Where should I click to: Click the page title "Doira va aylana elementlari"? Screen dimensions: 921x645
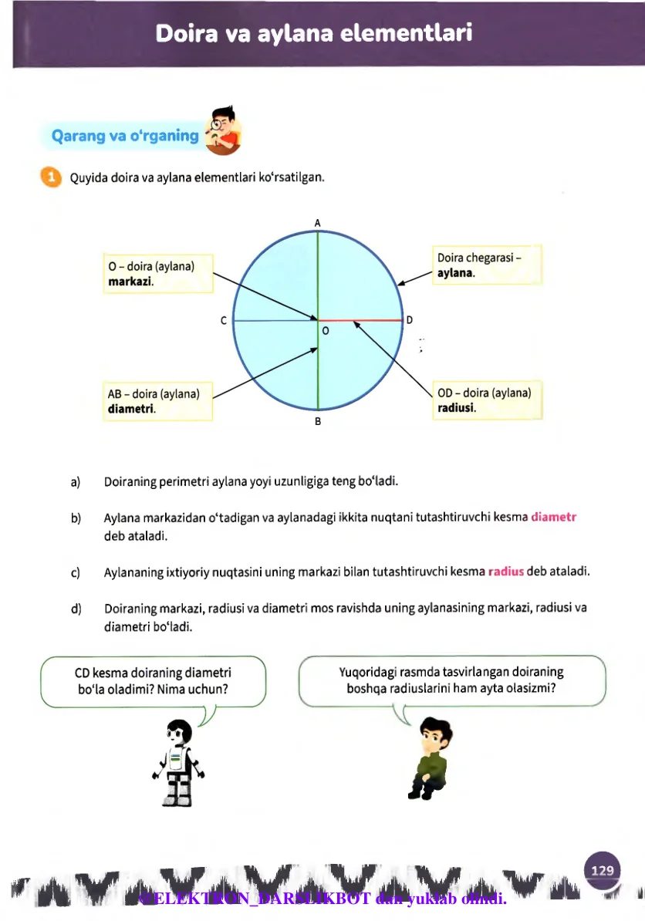(313, 34)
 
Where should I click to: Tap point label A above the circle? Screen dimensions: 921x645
(317, 222)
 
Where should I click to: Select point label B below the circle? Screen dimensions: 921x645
(317, 422)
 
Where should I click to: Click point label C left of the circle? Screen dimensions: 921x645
(224, 320)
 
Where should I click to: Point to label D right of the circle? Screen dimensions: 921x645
(410, 319)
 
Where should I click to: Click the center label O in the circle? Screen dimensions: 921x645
(325, 330)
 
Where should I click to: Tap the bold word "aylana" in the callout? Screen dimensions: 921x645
(455, 273)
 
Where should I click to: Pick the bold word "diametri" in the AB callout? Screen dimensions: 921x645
(131, 408)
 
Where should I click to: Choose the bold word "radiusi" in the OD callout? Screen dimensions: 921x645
(456, 407)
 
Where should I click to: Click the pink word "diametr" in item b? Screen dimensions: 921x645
(554, 517)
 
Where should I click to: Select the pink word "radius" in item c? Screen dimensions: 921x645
(506, 572)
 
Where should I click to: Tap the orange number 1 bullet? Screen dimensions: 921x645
(51, 177)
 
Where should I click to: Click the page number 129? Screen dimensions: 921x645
(603, 870)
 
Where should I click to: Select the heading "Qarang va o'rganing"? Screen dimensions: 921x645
(124, 136)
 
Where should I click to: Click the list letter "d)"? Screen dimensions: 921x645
(76, 608)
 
